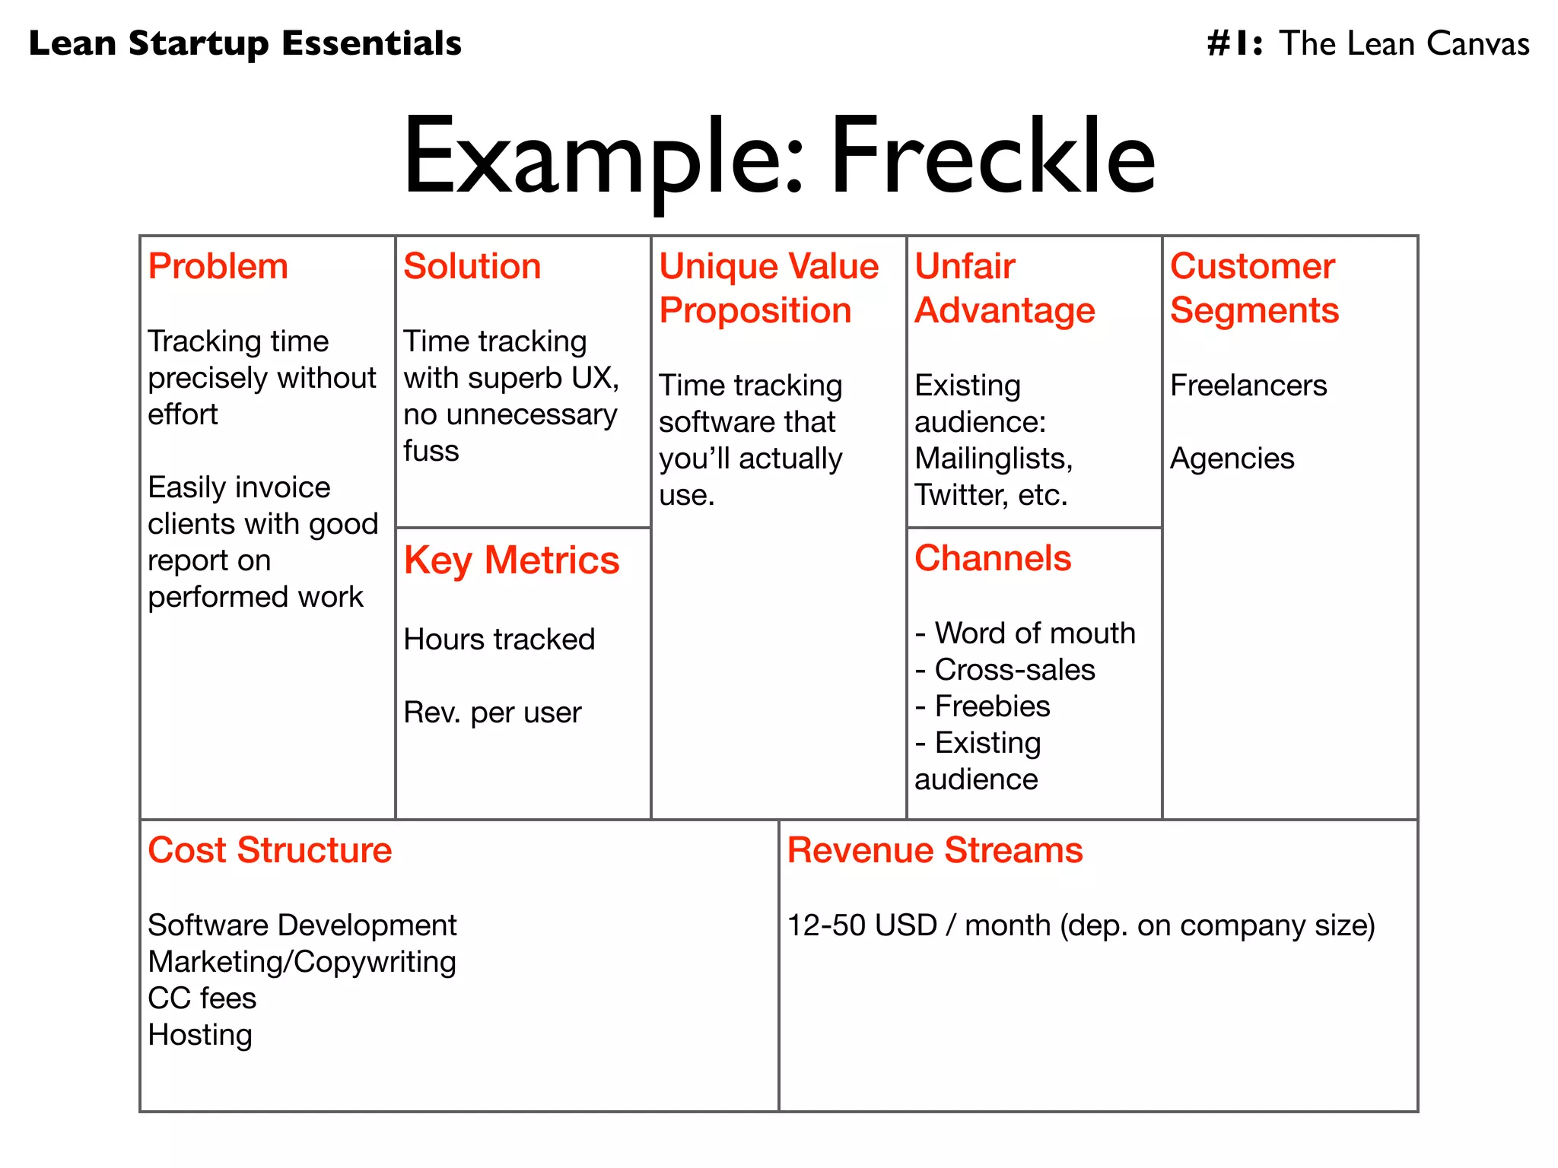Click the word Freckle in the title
(x=993, y=157)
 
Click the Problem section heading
(x=218, y=267)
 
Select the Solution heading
(x=472, y=267)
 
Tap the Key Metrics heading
(x=512, y=561)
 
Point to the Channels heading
(x=993, y=559)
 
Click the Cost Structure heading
(x=270, y=850)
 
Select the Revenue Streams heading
(x=935, y=850)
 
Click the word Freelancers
(x=1248, y=386)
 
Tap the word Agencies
(x=1232, y=459)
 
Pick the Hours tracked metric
(x=499, y=640)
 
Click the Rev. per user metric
(x=492, y=713)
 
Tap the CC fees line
(x=202, y=998)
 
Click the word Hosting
(x=200, y=1036)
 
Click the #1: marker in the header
(x=1235, y=43)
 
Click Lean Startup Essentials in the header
(x=245, y=43)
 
